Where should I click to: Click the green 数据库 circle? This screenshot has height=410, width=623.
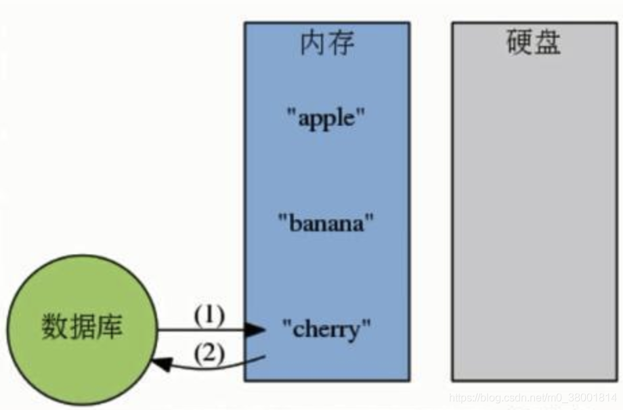coord(82,330)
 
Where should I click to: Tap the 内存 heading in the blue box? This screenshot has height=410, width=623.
coord(327,44)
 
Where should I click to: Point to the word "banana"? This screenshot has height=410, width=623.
coord(326,223)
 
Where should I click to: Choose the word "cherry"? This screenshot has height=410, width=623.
coord(327,330)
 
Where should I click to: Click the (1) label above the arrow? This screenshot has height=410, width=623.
coord(209,315)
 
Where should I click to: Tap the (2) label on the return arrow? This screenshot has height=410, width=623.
coord(209,353)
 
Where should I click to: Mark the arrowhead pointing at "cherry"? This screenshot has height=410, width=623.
coord(255,330)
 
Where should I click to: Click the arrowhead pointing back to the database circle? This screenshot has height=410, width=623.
coord(160,364)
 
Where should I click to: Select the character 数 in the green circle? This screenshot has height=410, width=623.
coord(55,329)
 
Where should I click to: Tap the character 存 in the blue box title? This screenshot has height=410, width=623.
coord(341,44)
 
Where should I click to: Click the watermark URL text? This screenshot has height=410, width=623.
coord(534,399)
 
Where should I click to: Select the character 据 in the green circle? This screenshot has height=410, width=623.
coord(82,329)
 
